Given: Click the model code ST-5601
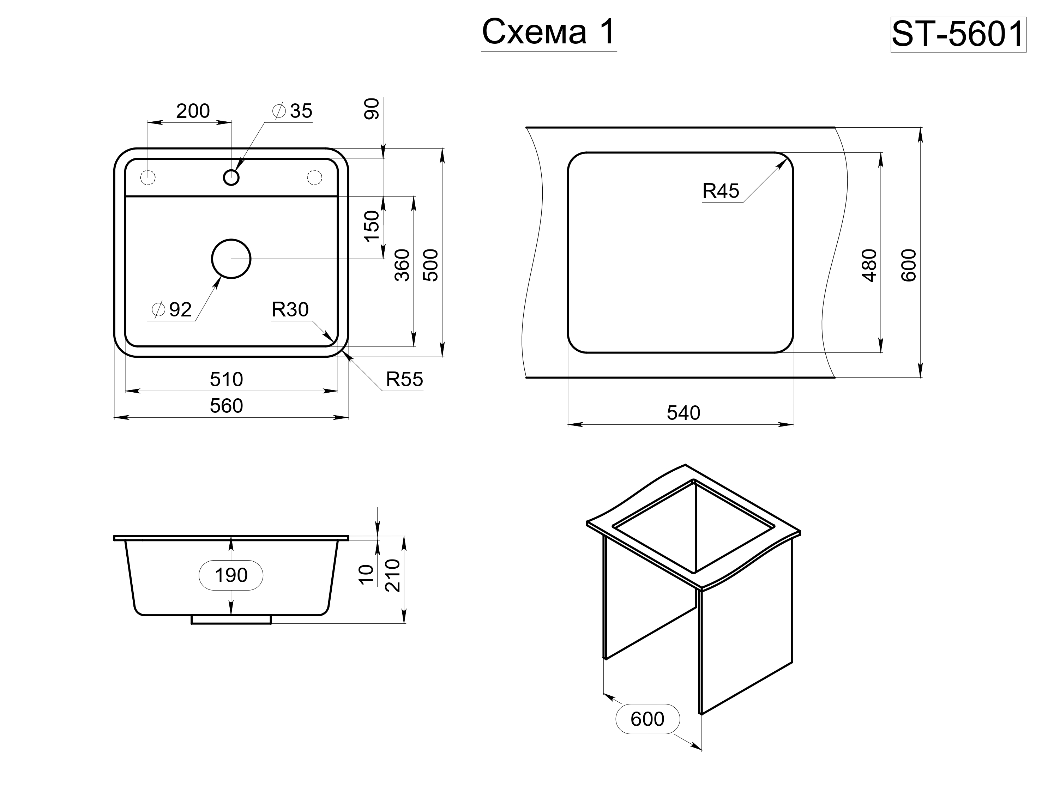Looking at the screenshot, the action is [958, 35].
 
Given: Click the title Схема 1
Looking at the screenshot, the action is [549, 32].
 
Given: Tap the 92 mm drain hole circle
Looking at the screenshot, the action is [231, 259].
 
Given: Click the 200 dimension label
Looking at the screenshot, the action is [193, 111].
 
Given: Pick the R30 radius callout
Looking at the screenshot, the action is [290, 310].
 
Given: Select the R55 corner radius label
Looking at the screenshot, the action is [404, 380].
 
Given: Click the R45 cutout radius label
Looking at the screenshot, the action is [721, 191].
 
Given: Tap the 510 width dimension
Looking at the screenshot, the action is [226, 380].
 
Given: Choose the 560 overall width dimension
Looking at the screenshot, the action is [226, 406].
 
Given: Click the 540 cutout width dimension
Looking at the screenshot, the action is [683, 413].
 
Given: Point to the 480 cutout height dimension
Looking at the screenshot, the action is [869, 265].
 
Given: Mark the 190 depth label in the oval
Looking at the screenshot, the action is [231, 575].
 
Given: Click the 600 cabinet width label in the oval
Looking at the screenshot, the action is [648, 719].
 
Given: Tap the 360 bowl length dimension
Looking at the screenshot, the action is [402, 265].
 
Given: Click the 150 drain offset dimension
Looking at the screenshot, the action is [372, 226].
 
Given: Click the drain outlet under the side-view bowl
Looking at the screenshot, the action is [231, 620].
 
